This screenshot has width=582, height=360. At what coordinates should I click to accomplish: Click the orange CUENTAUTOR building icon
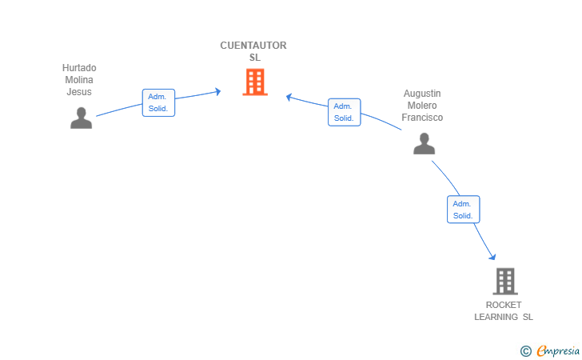pyautogui.click(x=255, y=82)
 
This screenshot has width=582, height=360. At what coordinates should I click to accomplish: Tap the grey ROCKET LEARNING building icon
pyautogui.click(x=505, y=282)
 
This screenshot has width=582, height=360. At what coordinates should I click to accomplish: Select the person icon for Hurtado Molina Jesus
pyautogui.click(x=82, y=118)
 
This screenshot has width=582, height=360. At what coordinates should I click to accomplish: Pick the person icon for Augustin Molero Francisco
pyautogui.click(x=424, y=143)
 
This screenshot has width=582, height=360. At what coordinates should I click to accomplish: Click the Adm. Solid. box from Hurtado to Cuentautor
pyautogui.click(x=158, y=102)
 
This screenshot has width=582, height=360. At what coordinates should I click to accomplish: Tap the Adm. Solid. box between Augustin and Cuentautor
pyautogui.click(x=344, y=112)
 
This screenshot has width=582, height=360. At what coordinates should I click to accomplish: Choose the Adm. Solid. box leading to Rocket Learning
pyautogui.click(x=463, y=210)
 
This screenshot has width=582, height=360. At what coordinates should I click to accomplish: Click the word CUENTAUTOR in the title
pyautogui.click(x=253, y=46)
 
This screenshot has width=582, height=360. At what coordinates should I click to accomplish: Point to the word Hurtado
pyautogui.click(x=79, y=68)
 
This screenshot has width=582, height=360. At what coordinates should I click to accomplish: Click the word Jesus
pyautogui.click(x=79, y=92)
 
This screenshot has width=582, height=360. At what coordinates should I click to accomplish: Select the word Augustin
pyautogui.click(x=422, y=94)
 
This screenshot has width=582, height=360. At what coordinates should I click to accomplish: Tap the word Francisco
pyautogui.click(x=422, y=118)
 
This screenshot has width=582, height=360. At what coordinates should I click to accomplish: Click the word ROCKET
pyautogui.click(x=504, y=305)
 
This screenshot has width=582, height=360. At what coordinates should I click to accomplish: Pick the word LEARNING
pyautogui.click(x=496, y=317)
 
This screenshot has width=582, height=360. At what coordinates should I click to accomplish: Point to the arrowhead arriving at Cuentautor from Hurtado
pyautogui.click(x=218, y=91)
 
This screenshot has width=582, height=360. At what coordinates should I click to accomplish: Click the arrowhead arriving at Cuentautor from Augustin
pyautogui.click(x=289, y=97)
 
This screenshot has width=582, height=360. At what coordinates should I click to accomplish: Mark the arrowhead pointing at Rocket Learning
pyautogui.click(x=492, y=256)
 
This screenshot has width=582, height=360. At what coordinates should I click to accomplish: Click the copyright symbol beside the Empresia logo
pyautogui.click(x=525, y=351)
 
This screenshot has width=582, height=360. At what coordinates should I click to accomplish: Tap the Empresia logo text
pyautogui.click(x=558, y=351)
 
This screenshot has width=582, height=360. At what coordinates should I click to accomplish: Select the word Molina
pyautogui.click(x=79, y=80)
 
